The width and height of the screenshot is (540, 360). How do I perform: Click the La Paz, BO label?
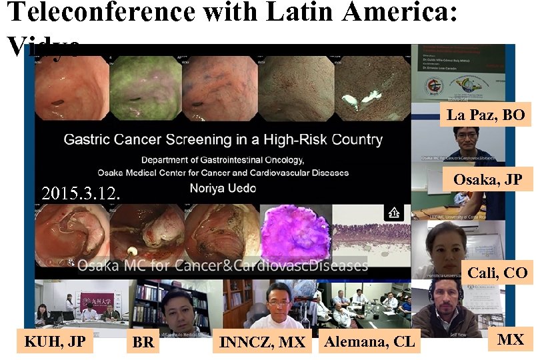[x=485, y=115]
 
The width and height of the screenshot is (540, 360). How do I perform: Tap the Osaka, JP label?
[x=487, y=180]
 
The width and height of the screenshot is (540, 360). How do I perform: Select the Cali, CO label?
[x=497, y=273]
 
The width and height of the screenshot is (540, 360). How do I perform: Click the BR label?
[x=143, y=343]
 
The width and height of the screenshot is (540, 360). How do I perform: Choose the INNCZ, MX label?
[x=263, y=343]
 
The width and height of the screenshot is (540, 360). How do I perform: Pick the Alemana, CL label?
[x=369, y=342]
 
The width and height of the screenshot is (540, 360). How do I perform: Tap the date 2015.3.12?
[x=81, y=194]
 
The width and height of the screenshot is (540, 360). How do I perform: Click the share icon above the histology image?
[x=393, y=213]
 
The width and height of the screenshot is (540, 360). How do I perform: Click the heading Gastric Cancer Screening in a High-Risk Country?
[x=223, y=140]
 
